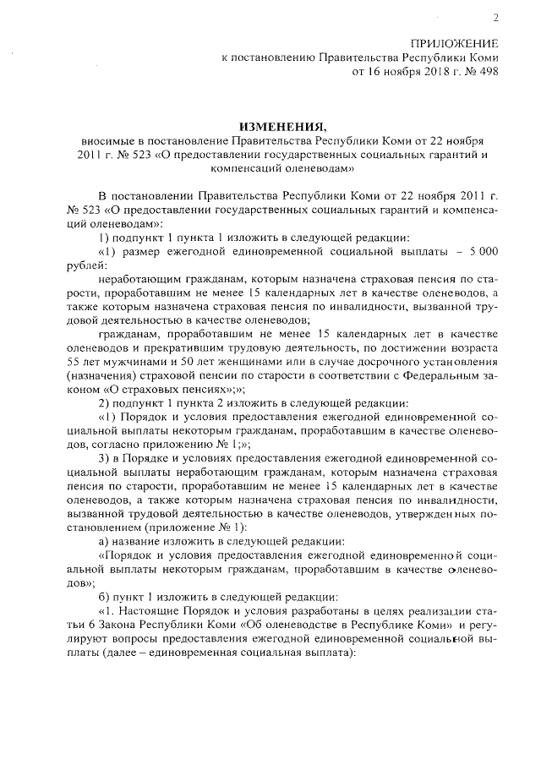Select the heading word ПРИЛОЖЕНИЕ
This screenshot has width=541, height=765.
pos(454,43)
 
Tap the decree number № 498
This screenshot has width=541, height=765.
pos(480,72)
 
